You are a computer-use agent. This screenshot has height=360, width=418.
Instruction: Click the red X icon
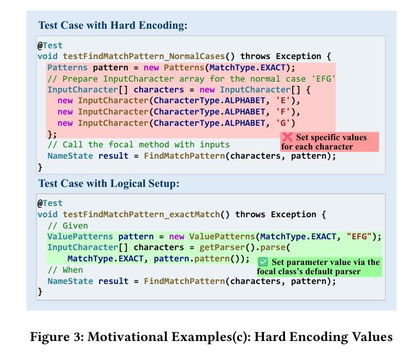288,137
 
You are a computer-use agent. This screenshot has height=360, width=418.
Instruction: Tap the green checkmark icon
263,262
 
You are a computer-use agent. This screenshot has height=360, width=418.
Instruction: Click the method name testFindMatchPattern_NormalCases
144,56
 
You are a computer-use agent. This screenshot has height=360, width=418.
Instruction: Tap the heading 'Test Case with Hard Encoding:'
112,25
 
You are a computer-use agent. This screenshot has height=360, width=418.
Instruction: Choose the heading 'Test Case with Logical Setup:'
108,183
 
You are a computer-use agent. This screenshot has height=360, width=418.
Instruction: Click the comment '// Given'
67,225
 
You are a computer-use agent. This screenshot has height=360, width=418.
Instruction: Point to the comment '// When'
65,270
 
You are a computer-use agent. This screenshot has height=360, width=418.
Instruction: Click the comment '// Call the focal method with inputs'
139,145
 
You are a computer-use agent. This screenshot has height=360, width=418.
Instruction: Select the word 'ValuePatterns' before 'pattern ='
80,237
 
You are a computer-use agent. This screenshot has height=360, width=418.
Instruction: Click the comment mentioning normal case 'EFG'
191,79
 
